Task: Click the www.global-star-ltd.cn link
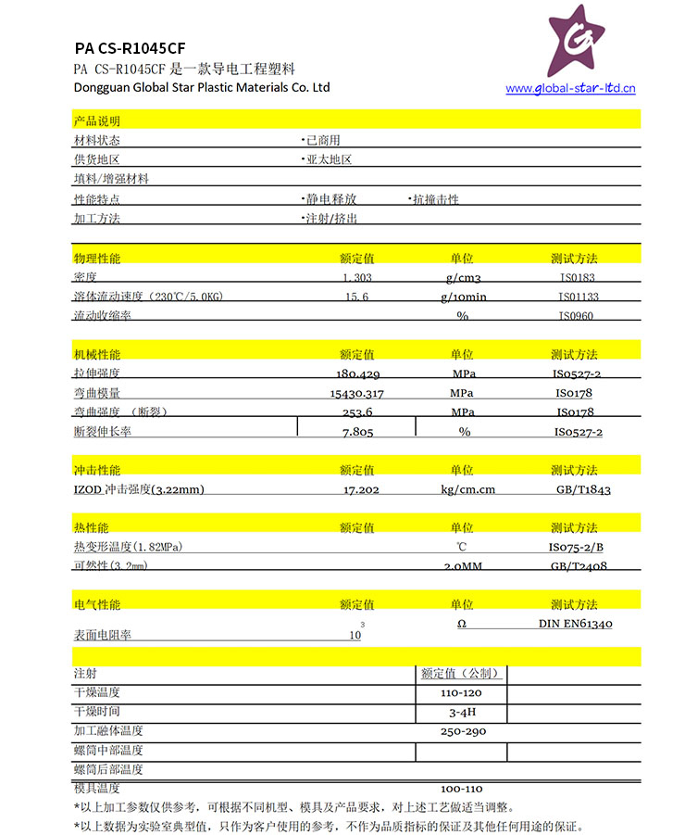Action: (570, 89)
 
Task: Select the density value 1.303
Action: (357, 277)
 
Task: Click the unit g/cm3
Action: (463, 277)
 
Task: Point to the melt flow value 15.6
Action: (357, 297)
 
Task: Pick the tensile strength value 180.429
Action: (357, 374)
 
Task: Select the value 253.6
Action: (357, 412)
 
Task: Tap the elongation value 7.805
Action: (357, 432)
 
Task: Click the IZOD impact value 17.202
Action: (361, 489)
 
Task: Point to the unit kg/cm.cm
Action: (467, 489)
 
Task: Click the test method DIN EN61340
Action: (575, 624)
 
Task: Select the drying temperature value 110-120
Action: (461, 693)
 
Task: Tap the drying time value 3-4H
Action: (461, 713)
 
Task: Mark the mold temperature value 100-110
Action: (462, 788)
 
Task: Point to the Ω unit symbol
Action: (462, 624)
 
